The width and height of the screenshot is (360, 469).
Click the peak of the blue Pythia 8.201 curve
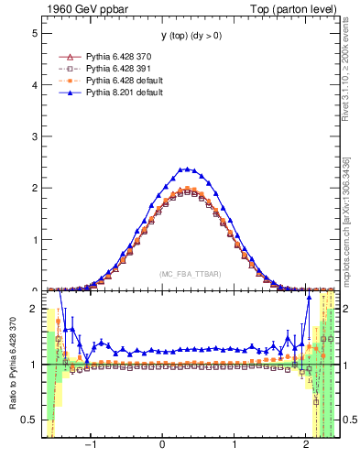pyautogui.click(x=186, y=169)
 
